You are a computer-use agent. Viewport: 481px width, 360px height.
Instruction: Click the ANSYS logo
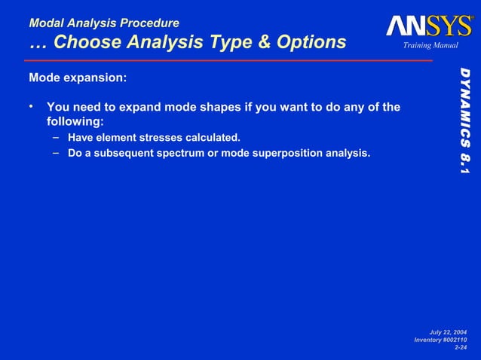(429, 26)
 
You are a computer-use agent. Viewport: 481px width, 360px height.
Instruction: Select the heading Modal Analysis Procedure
(103, 23)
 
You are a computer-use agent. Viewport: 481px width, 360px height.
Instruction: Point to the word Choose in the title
(84, 42)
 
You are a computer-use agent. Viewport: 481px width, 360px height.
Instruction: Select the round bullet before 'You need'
(32, 106)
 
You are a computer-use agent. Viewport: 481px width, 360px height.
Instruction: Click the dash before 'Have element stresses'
(57, 137)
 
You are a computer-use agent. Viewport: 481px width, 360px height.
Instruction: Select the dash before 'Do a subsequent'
(57, 154)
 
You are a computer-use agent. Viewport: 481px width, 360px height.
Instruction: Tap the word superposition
(293, 154)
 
